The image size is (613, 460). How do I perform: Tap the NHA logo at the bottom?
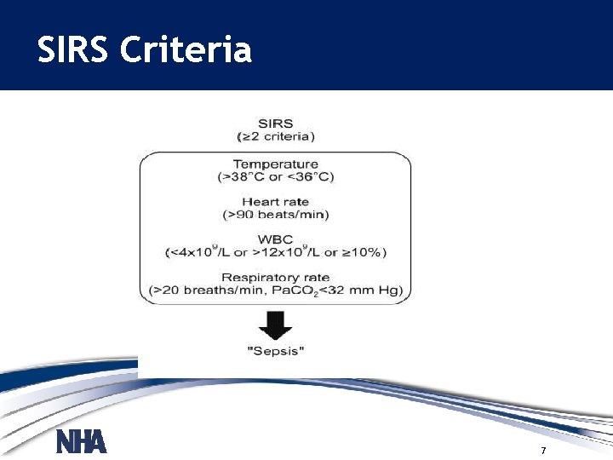82,442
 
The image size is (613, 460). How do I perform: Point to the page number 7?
543,450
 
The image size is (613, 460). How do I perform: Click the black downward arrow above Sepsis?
275,325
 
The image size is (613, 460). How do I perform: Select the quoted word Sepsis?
275,352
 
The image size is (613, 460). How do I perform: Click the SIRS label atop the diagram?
275,124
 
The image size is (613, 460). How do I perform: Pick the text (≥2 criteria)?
275,136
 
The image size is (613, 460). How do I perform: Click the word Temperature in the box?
275,164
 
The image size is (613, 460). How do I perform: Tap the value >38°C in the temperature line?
242,177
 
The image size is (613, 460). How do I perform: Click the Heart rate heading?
275,202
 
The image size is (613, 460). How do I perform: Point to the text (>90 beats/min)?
275,215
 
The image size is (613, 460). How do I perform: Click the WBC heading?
275,239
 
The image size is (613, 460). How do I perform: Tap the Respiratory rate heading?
275,278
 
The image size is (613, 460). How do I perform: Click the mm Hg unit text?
381,290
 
